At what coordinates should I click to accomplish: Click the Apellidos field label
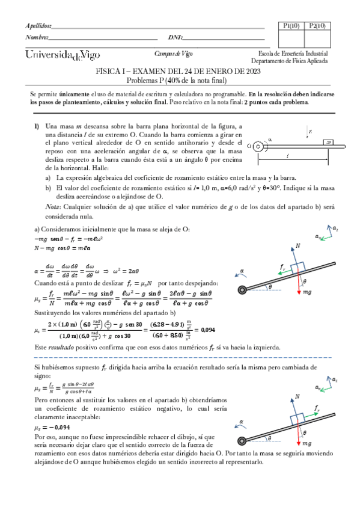pyautogui.click(x=38, y=26)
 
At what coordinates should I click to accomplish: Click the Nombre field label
pyautogui.click(x=37, y=38)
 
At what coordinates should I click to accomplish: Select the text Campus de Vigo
pyautogui.click(x=171, y=53)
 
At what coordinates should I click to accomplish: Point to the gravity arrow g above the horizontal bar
pyautogui.click(x=308, y=132)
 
